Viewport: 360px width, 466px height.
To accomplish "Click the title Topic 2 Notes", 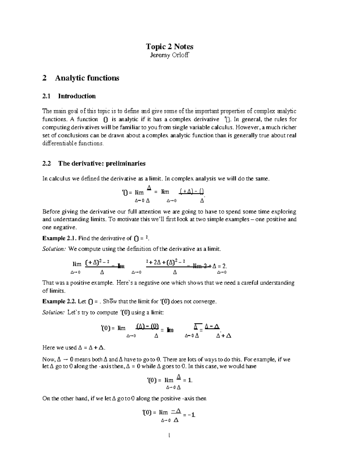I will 169,47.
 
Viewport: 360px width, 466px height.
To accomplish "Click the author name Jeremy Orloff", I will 169,55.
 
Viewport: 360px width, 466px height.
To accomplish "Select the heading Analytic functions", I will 87,78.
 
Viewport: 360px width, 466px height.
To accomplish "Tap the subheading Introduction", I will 77,96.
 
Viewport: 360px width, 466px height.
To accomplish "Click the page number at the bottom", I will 169,435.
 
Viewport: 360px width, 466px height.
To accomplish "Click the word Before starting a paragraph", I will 51,212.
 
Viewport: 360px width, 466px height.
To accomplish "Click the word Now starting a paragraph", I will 49,359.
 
